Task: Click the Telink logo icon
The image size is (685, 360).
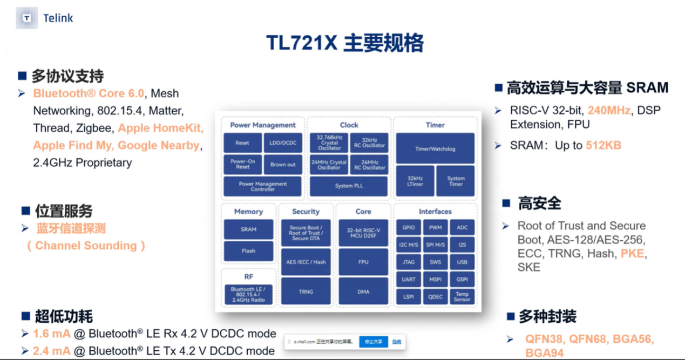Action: [26, 18]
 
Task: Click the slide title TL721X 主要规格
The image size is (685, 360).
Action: [344, 43]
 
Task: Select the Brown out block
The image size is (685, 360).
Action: [283, 165]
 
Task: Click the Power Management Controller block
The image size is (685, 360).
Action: [263, 186]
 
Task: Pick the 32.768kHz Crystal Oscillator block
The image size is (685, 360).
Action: [329, 143]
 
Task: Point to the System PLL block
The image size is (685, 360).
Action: [349, 186]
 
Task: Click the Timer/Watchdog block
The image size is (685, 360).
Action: [435, 148]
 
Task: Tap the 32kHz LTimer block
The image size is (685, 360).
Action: [415, 181]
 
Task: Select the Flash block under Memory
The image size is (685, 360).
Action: [248, 251]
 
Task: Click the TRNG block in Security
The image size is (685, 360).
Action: [306, 291]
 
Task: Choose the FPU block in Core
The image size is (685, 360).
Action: [363, 262]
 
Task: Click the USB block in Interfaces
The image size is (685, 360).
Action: [462, 262]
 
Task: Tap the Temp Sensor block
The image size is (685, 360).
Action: [462, 297]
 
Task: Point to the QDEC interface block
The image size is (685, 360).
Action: [435, 297]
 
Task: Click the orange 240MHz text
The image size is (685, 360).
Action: [609, 110]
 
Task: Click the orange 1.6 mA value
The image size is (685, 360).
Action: [52, 334]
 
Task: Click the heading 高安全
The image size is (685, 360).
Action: [539, 203]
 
